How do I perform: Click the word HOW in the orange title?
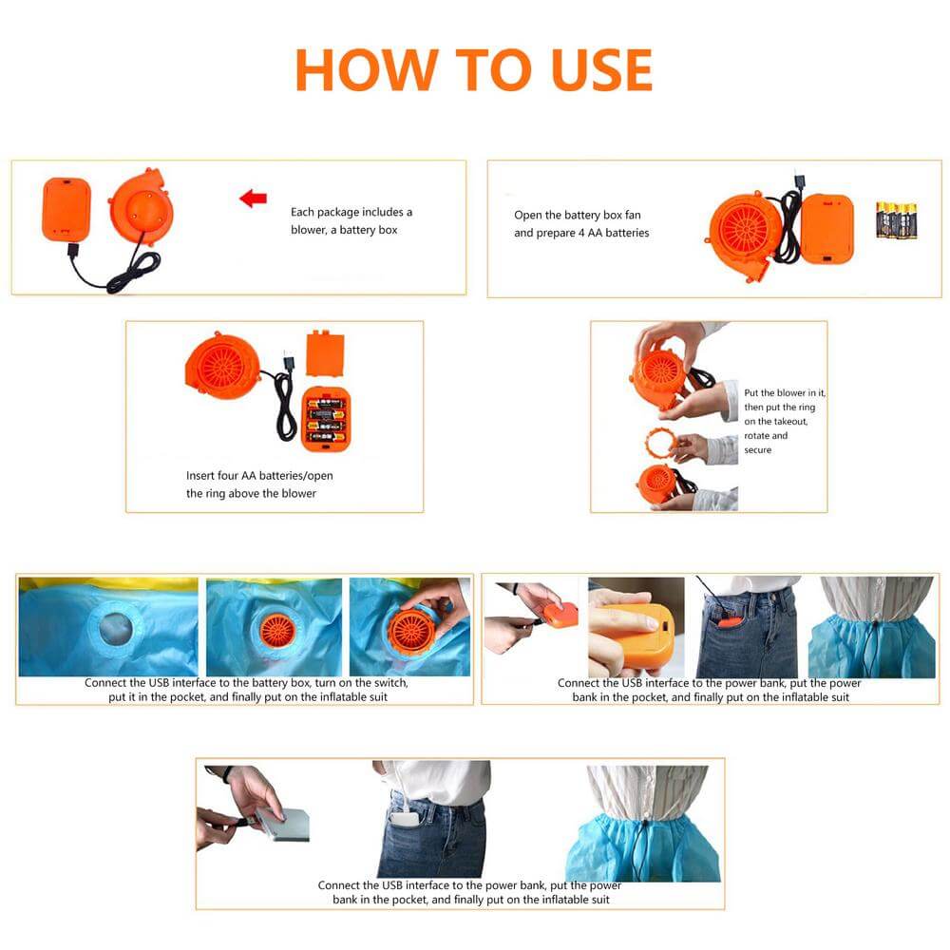pyautogui.click(x=367, y=70)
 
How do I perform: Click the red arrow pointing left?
pyautogui.click(x=254, y=199)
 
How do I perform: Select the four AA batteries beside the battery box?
pyautogui.click(x=897, y=220)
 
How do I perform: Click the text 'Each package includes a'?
pyautogui.click(x=351, y=212)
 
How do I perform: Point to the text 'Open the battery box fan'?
pyautogui.click(x=578, y=215)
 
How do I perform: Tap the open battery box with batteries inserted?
pyautogui.click(x=326, y=419)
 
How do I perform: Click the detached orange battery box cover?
pyautogui.click(x=325, y=353)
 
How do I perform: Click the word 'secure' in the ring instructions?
pyautogui.click(x=758, y=449)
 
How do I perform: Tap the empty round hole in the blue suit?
pyautogui.click(x=115, y=628)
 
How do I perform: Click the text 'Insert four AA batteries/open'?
pyautogui.click(x=259, y=476)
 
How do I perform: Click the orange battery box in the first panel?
pyautogui.click(x=66, y=208)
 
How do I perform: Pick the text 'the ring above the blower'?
pyautogui.click(x=252, y=493)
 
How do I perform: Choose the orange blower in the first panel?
pyautogui.click(x=142, y=206)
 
